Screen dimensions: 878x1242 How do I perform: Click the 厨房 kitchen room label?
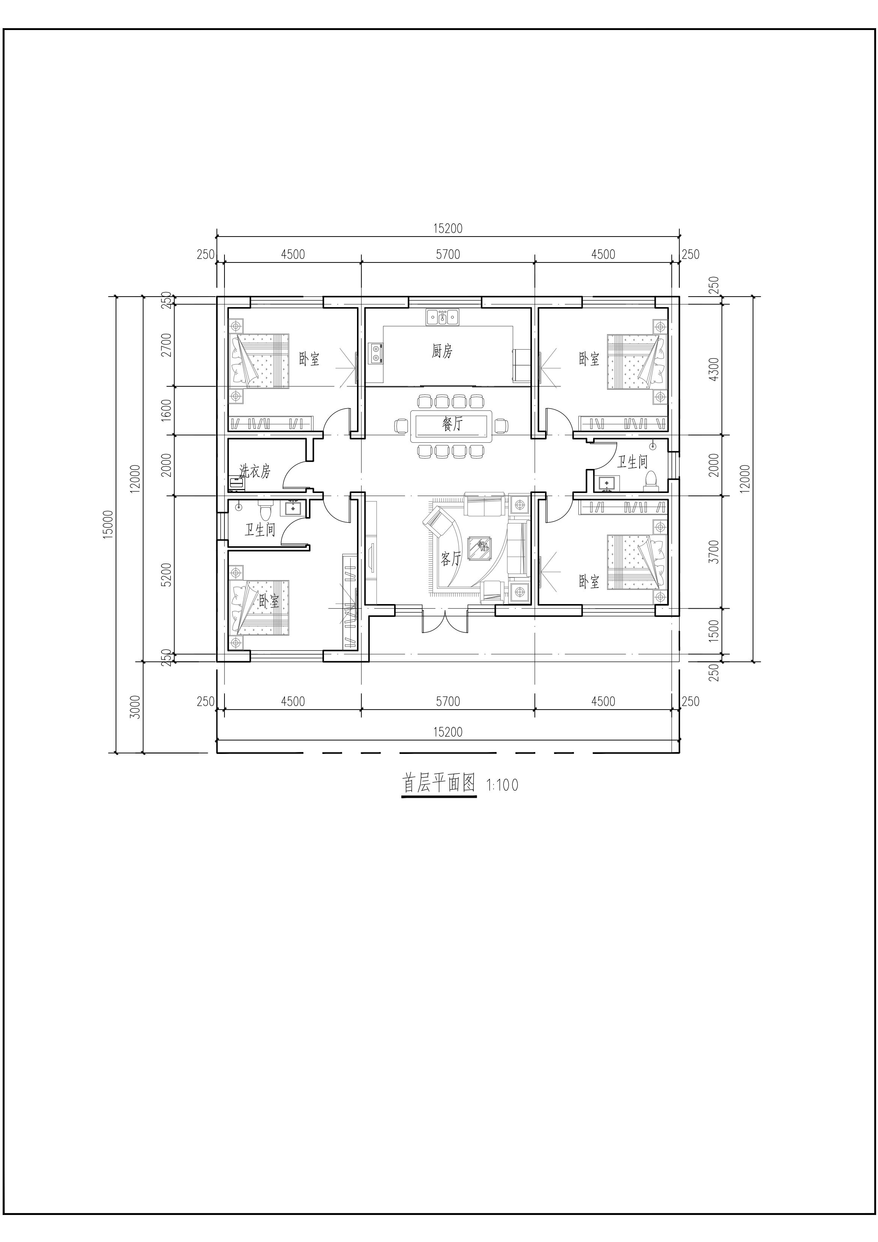point(442,351)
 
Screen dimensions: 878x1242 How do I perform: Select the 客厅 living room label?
point(450,558)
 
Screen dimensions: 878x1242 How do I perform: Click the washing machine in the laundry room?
point(236,483)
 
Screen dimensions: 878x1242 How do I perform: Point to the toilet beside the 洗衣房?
point(265,511)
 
